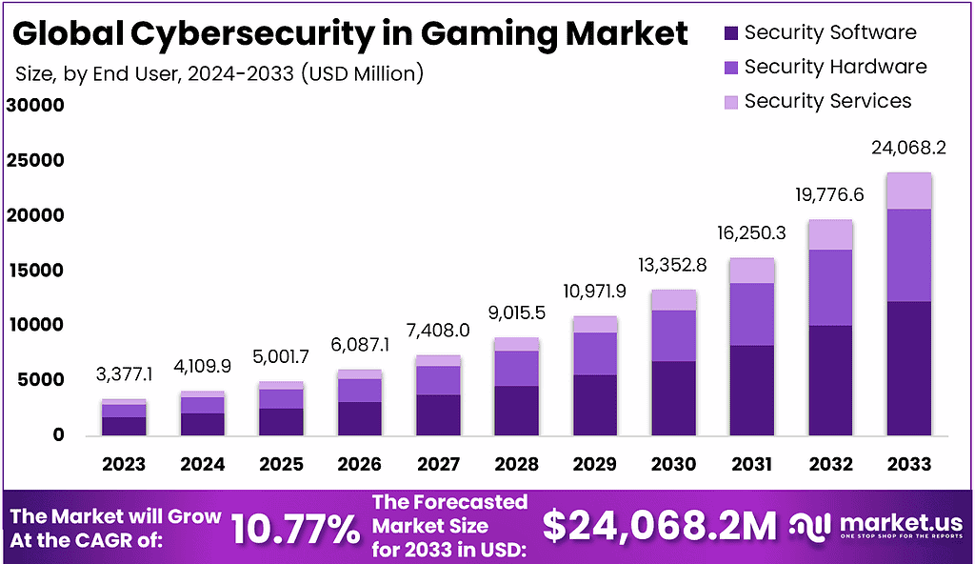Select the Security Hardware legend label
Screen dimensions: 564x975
tap(835, 67)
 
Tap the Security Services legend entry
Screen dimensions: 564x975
tap(827, 101)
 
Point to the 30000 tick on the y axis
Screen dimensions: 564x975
tap(35, 106)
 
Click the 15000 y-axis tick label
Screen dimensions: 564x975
tap(35, 272)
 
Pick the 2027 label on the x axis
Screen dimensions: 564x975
tap(438, 464)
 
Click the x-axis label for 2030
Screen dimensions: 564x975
tap(672, 464)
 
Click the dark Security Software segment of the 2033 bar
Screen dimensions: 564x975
tap(907, 368)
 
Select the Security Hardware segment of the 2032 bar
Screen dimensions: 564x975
tap(829, 288)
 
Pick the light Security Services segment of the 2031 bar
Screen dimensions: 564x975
tap(751, 271)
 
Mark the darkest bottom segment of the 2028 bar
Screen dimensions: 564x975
tap(516, 411)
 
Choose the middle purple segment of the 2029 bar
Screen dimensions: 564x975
tap(594, 353)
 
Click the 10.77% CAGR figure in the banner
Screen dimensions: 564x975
tap(295, 528)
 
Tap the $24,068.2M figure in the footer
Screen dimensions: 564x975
tap(659, 527)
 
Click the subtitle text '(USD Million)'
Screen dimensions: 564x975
tap(362, 73)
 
